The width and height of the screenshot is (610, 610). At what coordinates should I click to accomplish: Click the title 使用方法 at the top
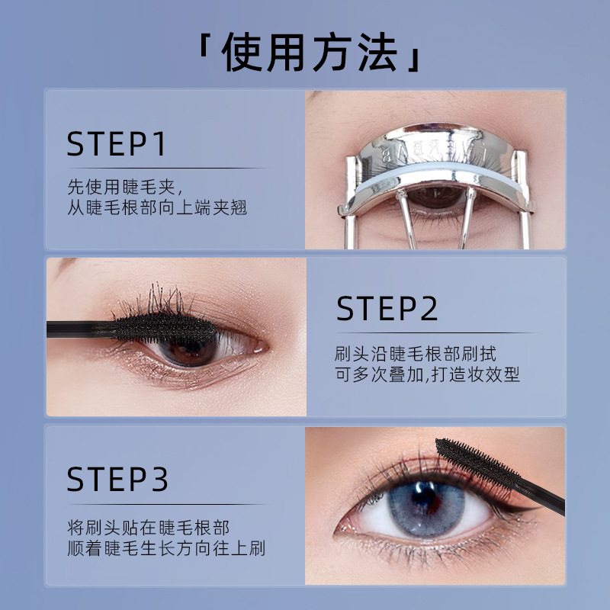310,52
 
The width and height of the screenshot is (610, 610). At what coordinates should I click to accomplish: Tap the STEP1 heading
117,144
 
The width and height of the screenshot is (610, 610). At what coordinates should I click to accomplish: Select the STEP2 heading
387,308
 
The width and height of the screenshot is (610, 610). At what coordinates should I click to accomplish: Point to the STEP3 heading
117,479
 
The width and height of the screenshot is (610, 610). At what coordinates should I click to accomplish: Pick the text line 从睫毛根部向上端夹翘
157,207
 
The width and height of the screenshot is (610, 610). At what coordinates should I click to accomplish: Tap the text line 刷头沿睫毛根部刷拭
416,354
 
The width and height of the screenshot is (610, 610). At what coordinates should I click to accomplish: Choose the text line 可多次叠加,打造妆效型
427,374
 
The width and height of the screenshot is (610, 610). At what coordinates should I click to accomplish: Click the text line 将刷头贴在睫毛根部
148,528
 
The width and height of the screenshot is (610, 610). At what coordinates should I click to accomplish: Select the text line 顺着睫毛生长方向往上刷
166,548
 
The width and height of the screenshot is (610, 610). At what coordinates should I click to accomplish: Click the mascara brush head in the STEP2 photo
164,329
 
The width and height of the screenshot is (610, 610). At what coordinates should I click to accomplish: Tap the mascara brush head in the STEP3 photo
477,462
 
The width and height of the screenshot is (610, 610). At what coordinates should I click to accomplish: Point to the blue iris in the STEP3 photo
426,509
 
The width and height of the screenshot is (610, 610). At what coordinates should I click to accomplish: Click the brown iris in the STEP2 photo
188,350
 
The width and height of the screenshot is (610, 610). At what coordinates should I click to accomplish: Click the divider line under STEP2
435,333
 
